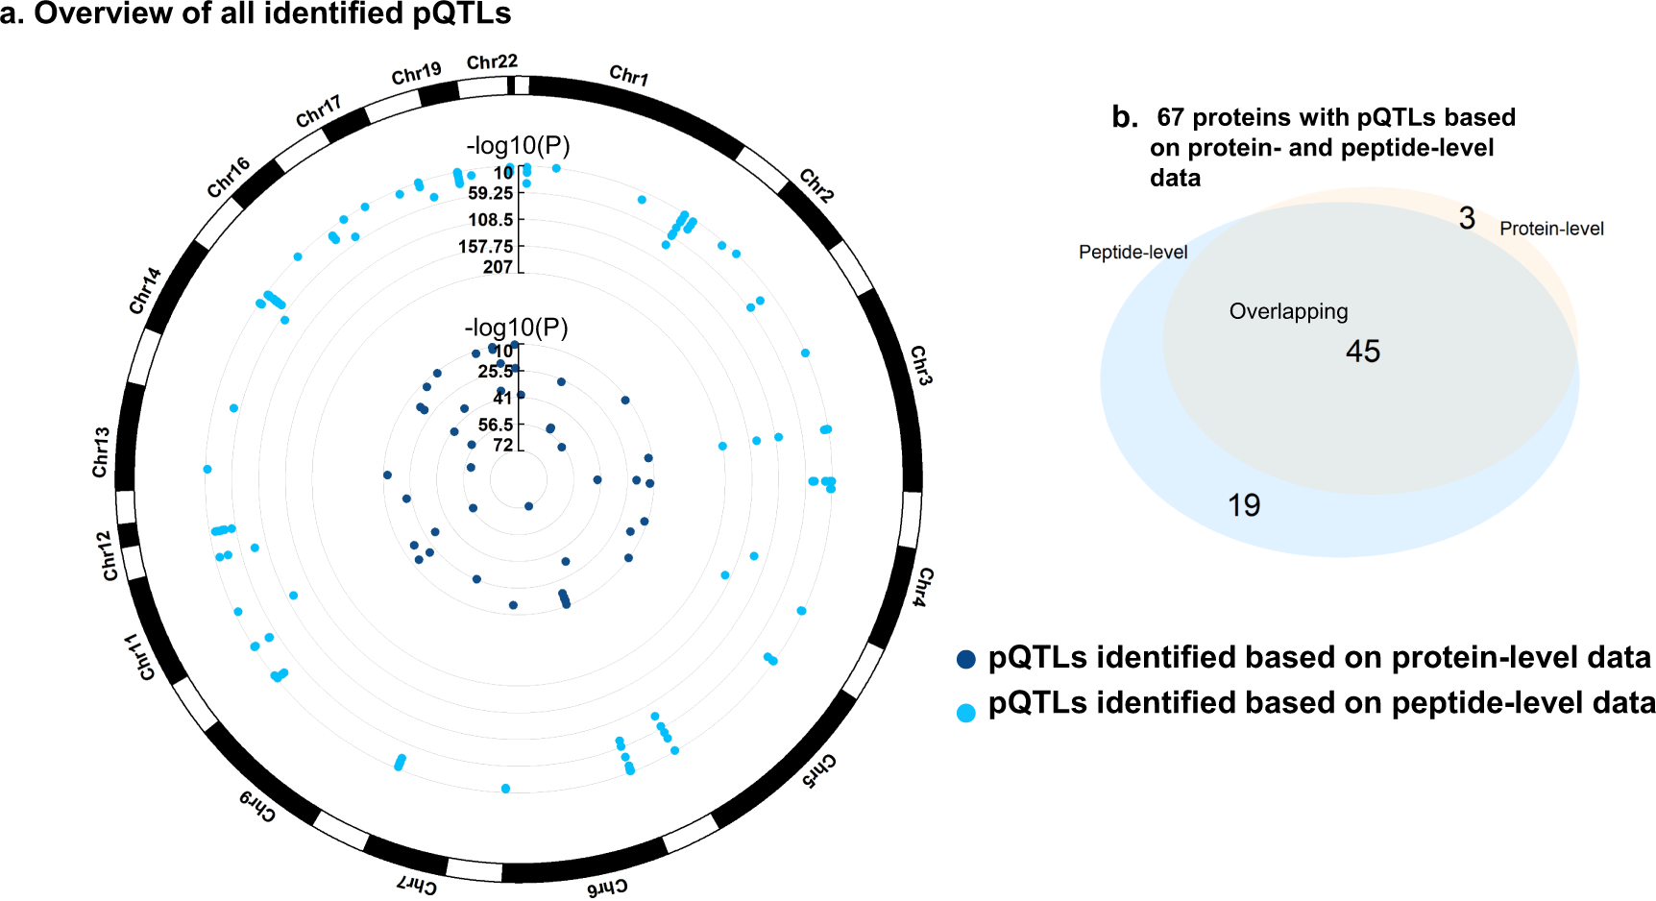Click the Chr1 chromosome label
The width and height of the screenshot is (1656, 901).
tap(629, 75)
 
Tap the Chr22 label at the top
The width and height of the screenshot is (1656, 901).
tap(492, 62)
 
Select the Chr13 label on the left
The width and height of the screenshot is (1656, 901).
tap(101, 452)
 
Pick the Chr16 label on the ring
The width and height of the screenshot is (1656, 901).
tap(229, 177)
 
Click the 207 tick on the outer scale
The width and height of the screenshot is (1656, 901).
tap(498, 267)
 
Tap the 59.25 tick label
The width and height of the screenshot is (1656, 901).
tap(490, 193)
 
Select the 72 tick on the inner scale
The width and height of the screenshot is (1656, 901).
tap(503, 445)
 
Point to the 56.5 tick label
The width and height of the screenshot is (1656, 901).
tap(496, 425)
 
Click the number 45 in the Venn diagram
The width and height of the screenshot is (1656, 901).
tap(1362, 352)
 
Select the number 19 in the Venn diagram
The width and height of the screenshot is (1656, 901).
tap(1244, 505)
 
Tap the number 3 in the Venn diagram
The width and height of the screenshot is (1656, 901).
tap(1467, 219)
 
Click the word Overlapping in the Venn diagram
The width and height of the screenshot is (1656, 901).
tap(1288, 311)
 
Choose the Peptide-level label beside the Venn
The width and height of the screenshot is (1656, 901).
tap(1132, 252)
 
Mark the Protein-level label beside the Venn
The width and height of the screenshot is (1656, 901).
tap(1551, 229)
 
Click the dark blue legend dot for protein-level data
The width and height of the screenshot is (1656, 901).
tap(966, 659)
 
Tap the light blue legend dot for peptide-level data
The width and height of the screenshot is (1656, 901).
tap(966, 712)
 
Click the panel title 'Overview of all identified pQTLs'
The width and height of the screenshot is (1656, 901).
tap(272, 13)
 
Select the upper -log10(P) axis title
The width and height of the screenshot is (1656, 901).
tap(518, 146)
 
